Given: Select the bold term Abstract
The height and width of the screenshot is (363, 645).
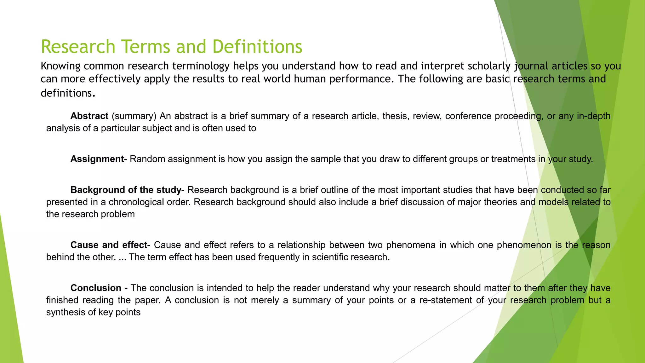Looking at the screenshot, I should click(89, 116).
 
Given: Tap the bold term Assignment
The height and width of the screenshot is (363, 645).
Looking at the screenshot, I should click(97, 159).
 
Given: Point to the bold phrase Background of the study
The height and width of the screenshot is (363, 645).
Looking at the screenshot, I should click(126, 190).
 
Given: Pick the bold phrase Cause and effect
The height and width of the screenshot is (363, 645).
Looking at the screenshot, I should click(109, 245).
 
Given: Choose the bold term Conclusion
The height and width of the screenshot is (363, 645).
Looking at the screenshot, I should click(96, 288).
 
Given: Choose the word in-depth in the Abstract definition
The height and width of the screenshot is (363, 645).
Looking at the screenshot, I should click(594, 116).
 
